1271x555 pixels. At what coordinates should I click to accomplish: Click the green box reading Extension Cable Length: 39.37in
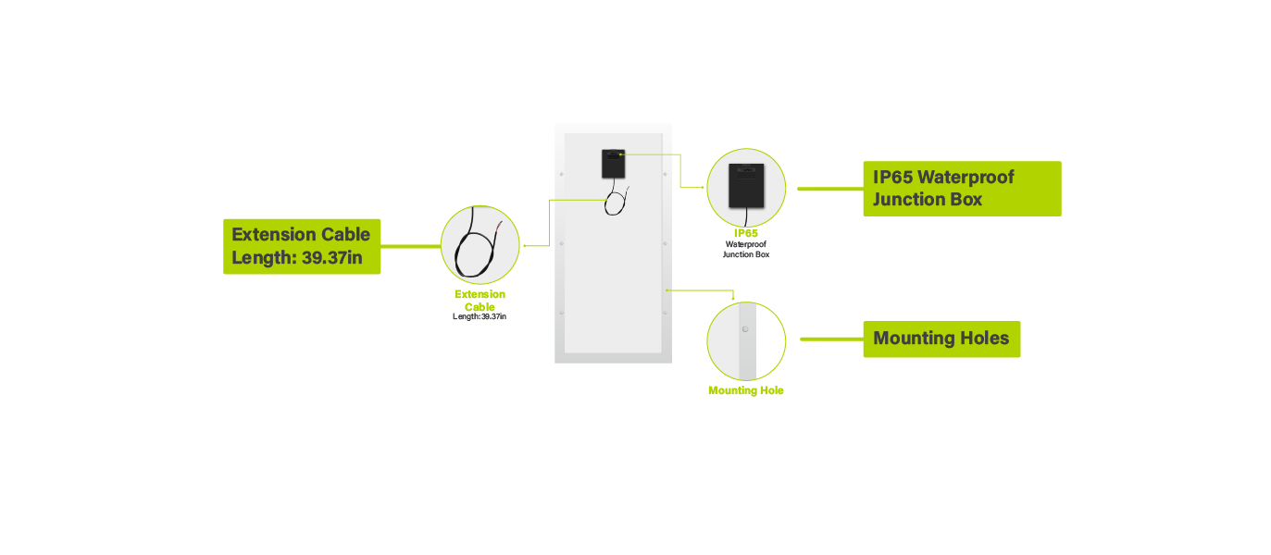click(302, 246)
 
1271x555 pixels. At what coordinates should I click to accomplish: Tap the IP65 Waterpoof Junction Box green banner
click(961, 189)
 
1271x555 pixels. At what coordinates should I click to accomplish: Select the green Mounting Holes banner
click(941, 339)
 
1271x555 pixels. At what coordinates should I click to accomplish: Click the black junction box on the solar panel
click(612, 164)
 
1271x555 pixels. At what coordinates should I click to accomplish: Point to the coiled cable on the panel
click(614, 202)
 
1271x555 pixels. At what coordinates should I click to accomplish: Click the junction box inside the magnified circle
click(746, 186)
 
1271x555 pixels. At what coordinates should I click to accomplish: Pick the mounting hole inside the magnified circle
click(744, 328)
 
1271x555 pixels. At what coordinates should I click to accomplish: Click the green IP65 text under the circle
click(746, 233)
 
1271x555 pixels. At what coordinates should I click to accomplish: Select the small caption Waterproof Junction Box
click(746, 249)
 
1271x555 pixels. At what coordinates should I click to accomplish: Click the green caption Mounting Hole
click(746, 390)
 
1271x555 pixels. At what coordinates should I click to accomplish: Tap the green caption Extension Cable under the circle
click(480, 301)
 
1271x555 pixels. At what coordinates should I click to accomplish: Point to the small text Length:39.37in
click(480, 316)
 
